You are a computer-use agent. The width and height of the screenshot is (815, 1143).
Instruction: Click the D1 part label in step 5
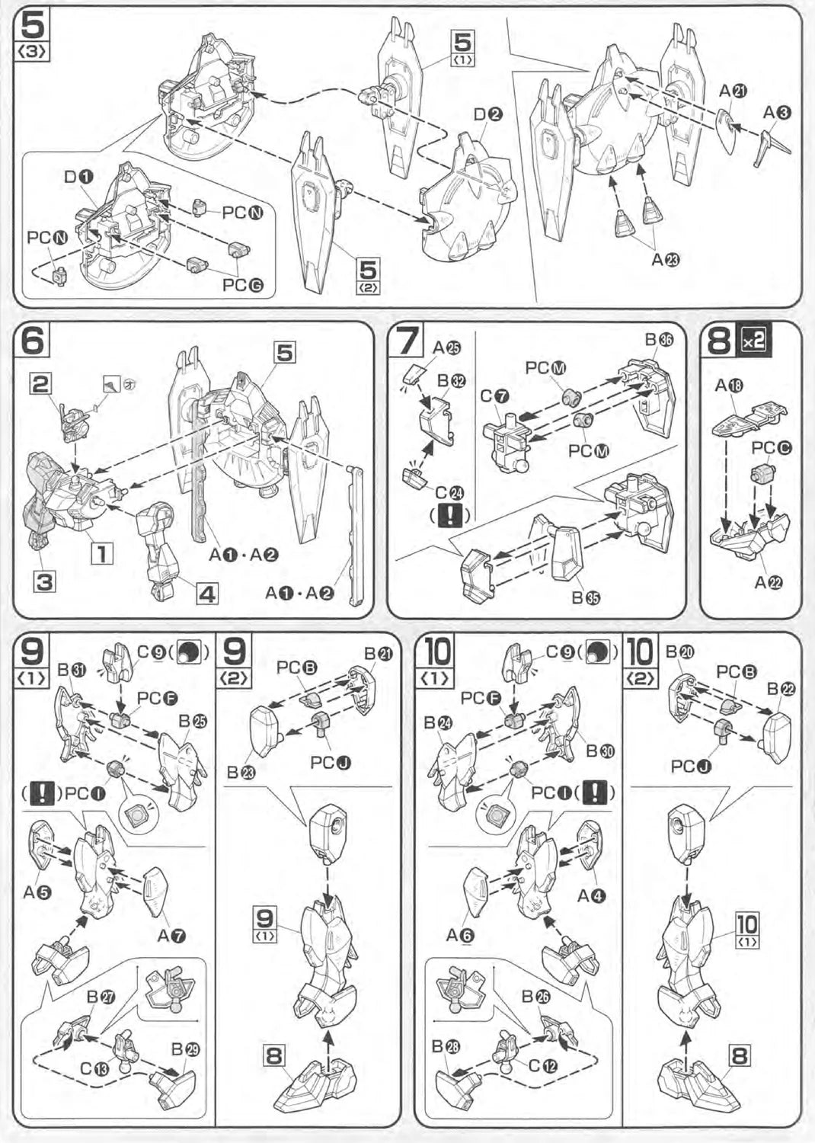[78, 177]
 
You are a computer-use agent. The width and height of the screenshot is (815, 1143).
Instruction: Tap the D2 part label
[487, 115]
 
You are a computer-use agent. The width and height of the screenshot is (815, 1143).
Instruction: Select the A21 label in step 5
[733, 91]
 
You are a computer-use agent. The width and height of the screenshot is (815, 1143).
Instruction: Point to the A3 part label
[778, 113]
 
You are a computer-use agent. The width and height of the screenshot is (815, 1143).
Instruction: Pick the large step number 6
[33, 339]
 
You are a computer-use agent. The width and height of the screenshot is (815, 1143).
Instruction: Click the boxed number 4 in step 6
[207, 592]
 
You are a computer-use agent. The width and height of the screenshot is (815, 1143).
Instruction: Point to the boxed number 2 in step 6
[41, 383]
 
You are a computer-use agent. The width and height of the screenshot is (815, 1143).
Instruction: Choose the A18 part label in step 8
[729, 386]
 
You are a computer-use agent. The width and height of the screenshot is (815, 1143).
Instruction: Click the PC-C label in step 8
[771, 447]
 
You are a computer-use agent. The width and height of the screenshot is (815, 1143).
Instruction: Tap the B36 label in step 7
[659, 340]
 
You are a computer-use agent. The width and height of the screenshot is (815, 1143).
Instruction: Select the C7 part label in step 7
[494, 396]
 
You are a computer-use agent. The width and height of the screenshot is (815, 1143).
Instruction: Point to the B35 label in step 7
[586, 597]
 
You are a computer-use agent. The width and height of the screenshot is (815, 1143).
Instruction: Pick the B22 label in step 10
[781, 689]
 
